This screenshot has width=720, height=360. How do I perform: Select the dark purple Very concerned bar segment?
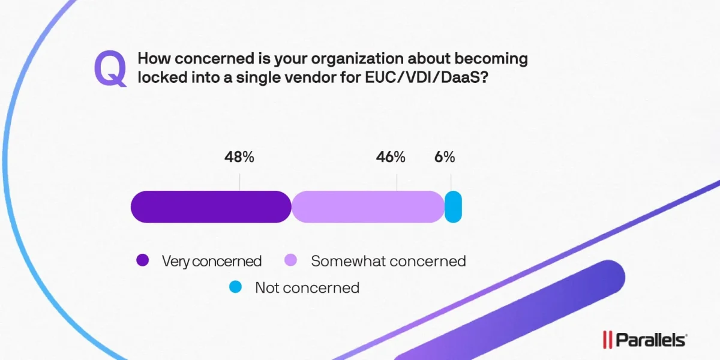(211, 207)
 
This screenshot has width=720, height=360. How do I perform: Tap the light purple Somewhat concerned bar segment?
(368, 207)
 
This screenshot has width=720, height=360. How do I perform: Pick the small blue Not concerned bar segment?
(453, 207)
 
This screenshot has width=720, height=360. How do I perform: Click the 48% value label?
(239, 157)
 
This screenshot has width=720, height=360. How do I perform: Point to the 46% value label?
(391, 157)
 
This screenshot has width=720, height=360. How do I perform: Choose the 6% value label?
(445, 157)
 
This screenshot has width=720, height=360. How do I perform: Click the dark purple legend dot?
(142, 261)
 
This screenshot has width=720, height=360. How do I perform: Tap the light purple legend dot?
(290, 261)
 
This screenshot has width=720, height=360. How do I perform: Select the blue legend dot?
(235, 287)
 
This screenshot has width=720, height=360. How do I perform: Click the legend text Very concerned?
(212, 261)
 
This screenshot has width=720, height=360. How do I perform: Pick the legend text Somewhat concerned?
(388, 261)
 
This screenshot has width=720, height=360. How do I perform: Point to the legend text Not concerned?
(307, 287)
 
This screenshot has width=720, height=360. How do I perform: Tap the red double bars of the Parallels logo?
(607, 340)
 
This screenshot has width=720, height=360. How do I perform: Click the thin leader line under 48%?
(240, 182)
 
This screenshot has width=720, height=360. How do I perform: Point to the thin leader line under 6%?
(451, 182)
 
